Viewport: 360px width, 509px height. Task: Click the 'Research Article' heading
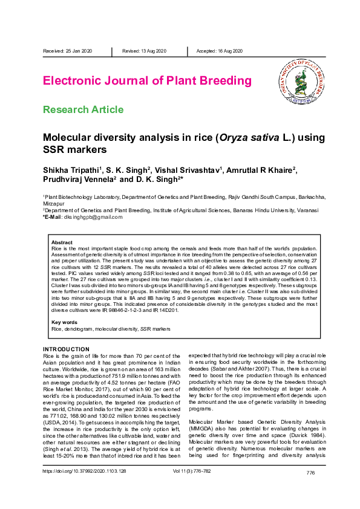(x=83, y=109)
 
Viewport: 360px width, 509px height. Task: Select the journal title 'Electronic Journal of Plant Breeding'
(x=147, y=80)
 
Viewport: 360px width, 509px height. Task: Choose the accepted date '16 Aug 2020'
(x=229, y=51)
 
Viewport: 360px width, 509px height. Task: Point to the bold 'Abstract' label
(x=62, y=242)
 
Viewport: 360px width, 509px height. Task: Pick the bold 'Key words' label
(x=64, y=322)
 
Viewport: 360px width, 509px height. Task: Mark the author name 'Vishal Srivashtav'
(x=186, y=170)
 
